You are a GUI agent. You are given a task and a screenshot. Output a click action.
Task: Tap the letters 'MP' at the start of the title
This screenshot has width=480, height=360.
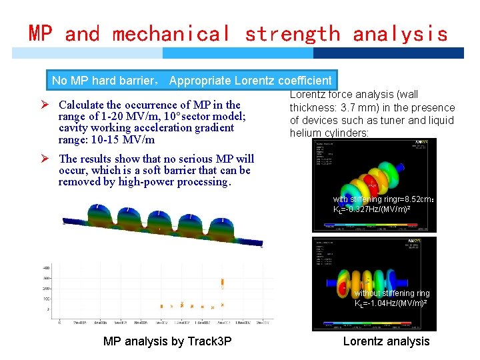tap(41, 33)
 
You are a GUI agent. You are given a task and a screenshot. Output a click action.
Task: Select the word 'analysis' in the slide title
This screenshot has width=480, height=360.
tap(400, 33)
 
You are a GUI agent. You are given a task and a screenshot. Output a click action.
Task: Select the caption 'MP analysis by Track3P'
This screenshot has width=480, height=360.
tap(167, 341)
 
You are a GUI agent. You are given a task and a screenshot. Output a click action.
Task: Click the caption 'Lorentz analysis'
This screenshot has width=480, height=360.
tap(386, 341)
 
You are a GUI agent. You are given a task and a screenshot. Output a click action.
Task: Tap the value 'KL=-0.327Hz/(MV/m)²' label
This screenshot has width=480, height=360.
tap(380, 209)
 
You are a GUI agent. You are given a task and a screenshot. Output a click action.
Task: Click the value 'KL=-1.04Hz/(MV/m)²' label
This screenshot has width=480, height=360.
tap(391, 303)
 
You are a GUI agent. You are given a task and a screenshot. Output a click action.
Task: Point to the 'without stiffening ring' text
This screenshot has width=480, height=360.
tap(392, 293)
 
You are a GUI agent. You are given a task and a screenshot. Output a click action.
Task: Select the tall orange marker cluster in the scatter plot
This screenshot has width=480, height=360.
tap(222, 284)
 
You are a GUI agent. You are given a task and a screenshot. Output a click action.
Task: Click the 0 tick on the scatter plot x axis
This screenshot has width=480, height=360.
tap(60, 322)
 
